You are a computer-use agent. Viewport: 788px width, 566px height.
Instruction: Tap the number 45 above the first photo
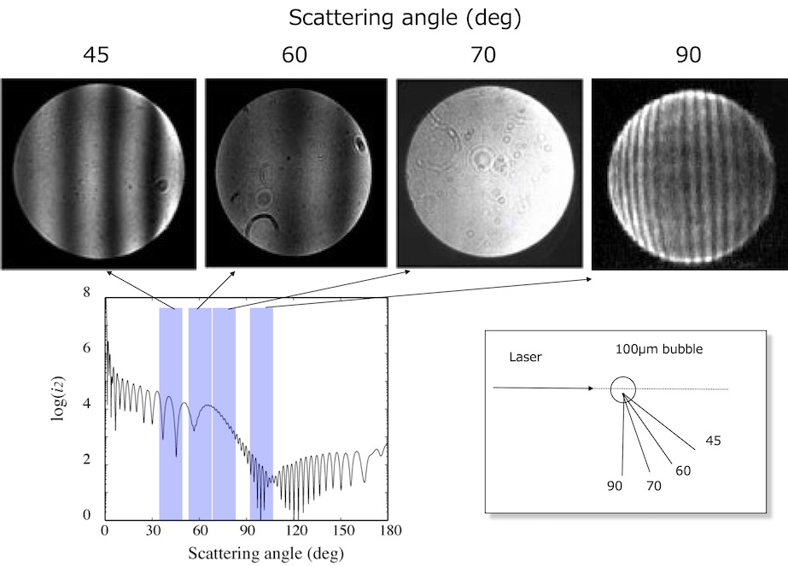click(x=96, y=56)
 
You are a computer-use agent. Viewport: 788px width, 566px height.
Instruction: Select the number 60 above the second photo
click(x=294, y=56)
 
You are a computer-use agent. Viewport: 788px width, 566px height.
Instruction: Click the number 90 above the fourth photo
click(x=688, y=56)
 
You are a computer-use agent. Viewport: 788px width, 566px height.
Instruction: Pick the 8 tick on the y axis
click(x=85, y=293)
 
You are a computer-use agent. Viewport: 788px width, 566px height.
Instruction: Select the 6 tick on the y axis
click(x=85, y=348)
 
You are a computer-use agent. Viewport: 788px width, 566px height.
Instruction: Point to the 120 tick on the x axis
click(x=295, y=530)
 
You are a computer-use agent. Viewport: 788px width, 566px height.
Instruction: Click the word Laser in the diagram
click(x=524, y=357)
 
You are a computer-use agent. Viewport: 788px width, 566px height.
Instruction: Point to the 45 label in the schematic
click(x=714, y=441)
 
